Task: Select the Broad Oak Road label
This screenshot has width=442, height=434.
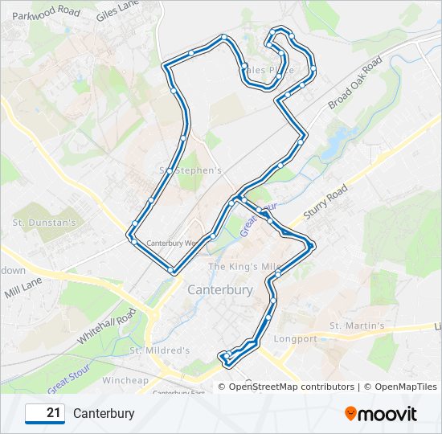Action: click(x=354, y=83)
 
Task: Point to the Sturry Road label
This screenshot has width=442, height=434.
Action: click(x=325, y=203)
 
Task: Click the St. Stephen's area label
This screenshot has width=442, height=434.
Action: click(x=190, y=170)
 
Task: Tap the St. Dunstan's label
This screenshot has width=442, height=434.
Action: click(x=44, y=222)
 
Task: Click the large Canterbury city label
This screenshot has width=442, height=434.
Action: click(x=219, y=289)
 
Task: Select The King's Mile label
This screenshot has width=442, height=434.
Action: click(x=243, y=266)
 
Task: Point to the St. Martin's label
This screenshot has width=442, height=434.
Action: click(x=357, y=325)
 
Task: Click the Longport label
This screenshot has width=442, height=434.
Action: click(x=296, y=338)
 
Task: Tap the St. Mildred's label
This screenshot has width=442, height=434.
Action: click(x=159, y=350)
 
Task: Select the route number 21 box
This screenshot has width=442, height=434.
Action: click(x=45, y=414)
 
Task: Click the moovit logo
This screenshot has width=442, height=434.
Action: click(x=381, y=414)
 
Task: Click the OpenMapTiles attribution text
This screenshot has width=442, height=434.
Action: click(x=399, y=387)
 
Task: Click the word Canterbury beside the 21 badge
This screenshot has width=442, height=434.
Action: click(x=104, y=414)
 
